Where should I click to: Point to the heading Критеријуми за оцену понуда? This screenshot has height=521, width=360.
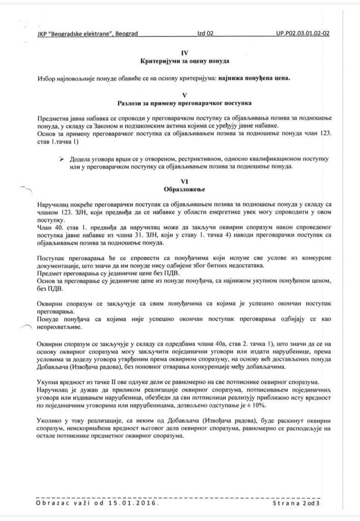(x=185, y=62)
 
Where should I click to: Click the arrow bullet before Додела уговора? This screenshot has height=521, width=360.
(x=62, y=159)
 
